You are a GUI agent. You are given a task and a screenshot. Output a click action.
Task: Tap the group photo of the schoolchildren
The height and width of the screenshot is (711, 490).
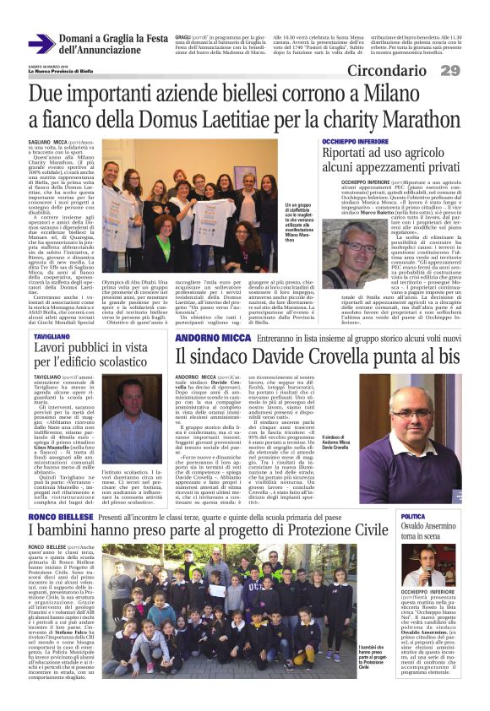pos(210,600)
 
